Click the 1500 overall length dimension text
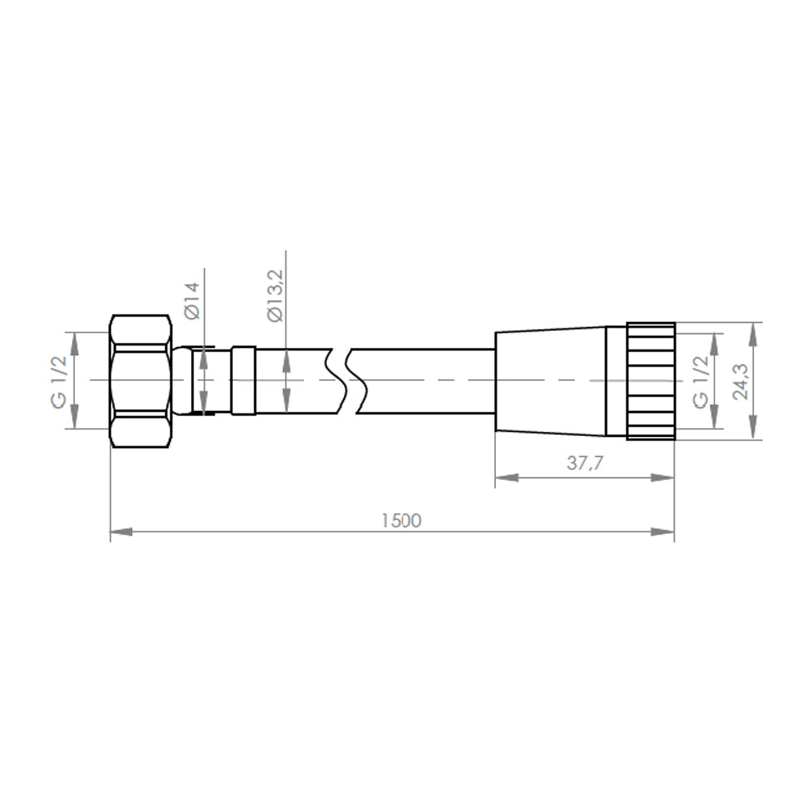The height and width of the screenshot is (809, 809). pos(401,520)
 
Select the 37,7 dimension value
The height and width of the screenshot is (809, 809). pos(585,463)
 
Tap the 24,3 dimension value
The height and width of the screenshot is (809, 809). pos(741,381)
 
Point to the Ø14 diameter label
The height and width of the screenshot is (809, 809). pos(192,301)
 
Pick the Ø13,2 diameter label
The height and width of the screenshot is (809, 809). pos(276,296)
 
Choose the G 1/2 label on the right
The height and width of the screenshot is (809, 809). pos(700,383)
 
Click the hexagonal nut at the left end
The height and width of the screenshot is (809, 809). pos(140,381)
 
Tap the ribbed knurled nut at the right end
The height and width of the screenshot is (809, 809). pos(651,381)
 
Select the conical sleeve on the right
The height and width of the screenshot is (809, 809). pos(550,381)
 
